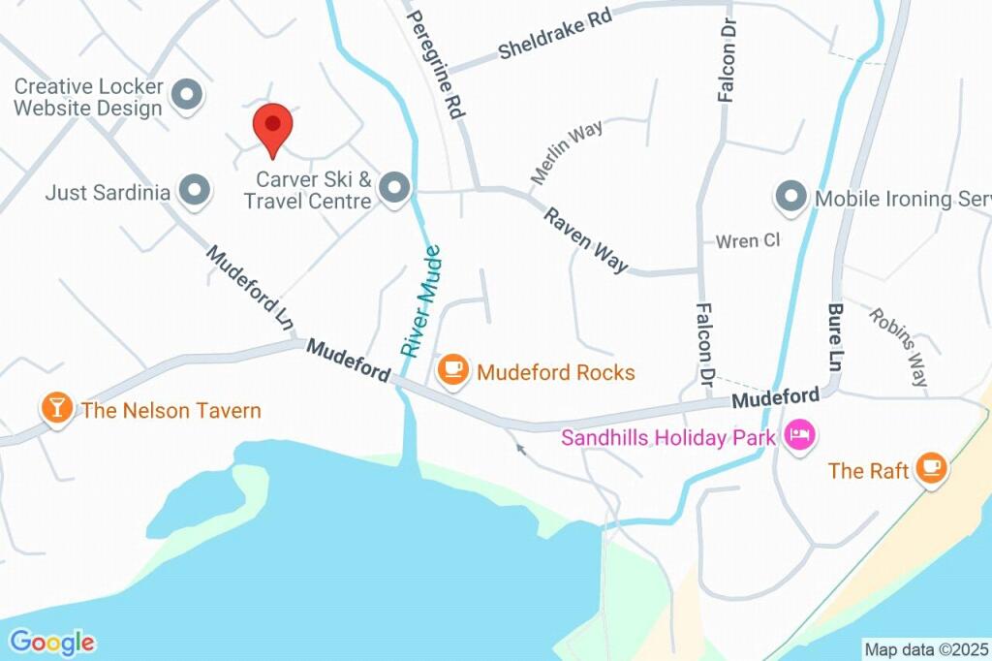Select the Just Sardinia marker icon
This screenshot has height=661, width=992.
click(x=196, y=191)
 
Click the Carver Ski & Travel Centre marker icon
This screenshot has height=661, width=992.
click(x=393, y=189)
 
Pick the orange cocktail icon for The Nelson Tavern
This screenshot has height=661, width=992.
click(x=57, y=409)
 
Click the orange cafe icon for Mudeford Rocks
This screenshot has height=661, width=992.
click(x=452, y=369)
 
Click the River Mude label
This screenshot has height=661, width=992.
click(x=421, y=301)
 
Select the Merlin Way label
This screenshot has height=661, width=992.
click(x=567, y=151)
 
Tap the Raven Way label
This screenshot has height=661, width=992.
click(x=584, y=239)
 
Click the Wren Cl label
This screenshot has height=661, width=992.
click(x=747, y=240)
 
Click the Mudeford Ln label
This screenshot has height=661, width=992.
click(x=250, y=284)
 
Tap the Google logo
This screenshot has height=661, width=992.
click(x=52, y=642)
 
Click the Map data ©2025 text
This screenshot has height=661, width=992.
click(x=926, y=649)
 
